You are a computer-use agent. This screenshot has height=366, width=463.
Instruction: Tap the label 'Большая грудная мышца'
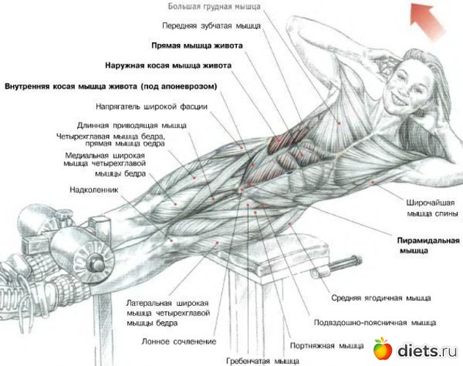(215, 6)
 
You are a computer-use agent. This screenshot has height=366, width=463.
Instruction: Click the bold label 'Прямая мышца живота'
(197, 45)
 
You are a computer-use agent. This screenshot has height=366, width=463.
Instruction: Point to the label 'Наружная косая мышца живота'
(168, 65)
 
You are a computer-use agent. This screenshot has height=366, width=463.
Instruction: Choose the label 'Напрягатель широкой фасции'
(161, 106)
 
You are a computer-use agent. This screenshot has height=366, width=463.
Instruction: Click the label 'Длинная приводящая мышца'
(132, 125)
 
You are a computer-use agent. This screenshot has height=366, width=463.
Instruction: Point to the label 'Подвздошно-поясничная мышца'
(374, 322)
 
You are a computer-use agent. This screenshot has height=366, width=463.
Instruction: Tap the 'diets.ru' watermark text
(426, 350)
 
